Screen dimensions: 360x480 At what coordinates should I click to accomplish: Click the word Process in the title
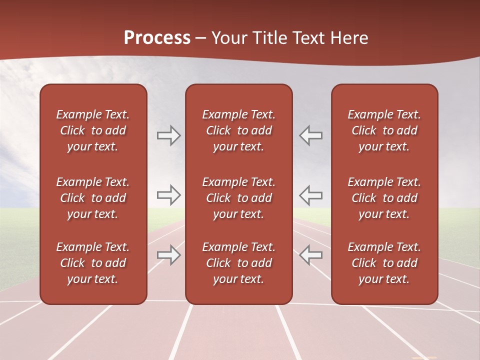pos(157,38)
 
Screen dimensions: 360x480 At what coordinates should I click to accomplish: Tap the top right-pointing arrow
pos(168,135)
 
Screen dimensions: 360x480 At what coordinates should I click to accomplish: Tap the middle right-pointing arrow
pos(168,195)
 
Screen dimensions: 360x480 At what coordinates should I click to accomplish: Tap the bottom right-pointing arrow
pos(168,255)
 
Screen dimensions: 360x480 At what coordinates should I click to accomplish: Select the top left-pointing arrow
pos(311,135)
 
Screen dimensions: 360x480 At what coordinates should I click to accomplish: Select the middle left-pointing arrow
pos(311,195)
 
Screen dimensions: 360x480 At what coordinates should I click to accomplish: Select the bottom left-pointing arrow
pos(311,255)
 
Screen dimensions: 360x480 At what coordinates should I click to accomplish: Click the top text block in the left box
pos(93,130)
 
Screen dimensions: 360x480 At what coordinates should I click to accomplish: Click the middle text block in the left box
pos(93,198)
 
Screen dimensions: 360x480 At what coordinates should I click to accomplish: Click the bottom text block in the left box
pos(93,263)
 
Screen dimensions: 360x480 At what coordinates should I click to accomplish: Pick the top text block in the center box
pos(238,130)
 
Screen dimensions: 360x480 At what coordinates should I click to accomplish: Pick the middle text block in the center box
pos(238,198)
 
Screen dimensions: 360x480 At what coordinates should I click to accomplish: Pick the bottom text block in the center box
pos(238,263)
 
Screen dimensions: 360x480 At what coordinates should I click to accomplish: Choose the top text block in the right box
pos(384,130)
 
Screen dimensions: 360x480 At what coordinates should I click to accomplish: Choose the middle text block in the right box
pos(384,198)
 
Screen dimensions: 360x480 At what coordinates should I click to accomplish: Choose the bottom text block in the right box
pos(384,263)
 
